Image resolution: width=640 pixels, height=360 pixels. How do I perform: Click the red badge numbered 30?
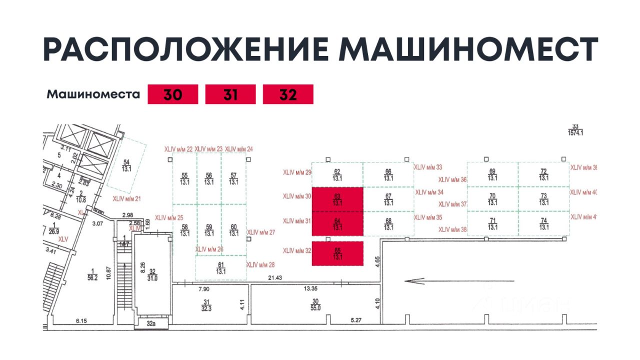pyautogui.click(x=172, y=94)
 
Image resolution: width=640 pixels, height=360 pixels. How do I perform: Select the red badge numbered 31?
pyautogui.click(x=230, y=94)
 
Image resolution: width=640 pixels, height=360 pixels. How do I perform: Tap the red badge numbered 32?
pyautogui.click(x=288, y=94)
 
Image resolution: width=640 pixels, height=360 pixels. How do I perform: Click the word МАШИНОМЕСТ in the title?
pyautogui.click(x=469, y=49)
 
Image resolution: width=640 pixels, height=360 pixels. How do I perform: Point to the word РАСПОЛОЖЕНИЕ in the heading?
pyautogui.click(x=185, y=49)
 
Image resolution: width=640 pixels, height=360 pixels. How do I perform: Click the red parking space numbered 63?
pyautogui.click(x=337, y=199)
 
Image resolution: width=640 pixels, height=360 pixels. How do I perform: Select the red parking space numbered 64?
pyautogui.click(x=337, y=224)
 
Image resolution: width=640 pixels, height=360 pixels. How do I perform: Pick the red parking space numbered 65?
pyautogui.click(x=337, y=253)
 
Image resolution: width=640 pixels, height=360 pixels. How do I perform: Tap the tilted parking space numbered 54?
pyautogui.click(x=127, y=165)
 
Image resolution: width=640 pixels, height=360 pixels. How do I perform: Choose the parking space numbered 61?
pyautogui.click(x=220, y=268)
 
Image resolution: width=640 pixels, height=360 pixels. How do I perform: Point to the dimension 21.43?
pyautogui.click(x=275, y=277)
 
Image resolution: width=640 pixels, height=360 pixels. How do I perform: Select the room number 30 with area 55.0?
pyautogui.click(x=315, y=304)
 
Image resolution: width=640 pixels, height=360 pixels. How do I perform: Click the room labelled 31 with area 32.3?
pyautogui.click(x=205, y=304)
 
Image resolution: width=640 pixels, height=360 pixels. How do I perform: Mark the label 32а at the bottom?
pyautogui.click(x=151, y=324)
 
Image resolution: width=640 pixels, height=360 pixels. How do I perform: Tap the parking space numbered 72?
pyautogui.click(x=543, y=174)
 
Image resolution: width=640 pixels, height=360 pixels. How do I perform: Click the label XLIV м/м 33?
pyautogui.click(x=428, y=167)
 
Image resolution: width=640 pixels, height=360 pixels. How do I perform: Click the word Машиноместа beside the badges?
pyautogui.click(x=93, y=94)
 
